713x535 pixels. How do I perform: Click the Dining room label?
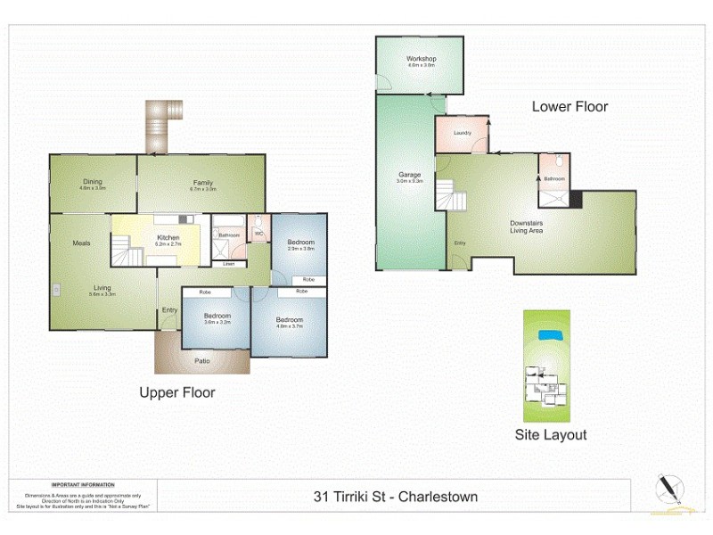(x=93, y=182)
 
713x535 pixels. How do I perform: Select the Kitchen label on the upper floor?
(x=168, y=237)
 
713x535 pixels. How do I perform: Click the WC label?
(x=258, y=235)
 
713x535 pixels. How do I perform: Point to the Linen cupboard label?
(x=229, y=264)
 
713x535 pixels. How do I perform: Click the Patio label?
(x=203, y=360)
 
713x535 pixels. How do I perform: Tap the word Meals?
(x=82, y=243)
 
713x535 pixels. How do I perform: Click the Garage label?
(x=409, y=175)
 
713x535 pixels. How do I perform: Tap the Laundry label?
(x=462, y=133)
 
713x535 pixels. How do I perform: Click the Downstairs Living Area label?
(x=527, y=226)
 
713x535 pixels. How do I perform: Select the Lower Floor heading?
(x=570, y=106)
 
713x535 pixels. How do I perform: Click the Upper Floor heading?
(x=176, y=392)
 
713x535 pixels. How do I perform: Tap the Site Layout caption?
(x=551, y=435)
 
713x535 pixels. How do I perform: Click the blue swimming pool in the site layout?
(x=550, y=334)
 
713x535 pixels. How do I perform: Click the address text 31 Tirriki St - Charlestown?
(x=396, y=497)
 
